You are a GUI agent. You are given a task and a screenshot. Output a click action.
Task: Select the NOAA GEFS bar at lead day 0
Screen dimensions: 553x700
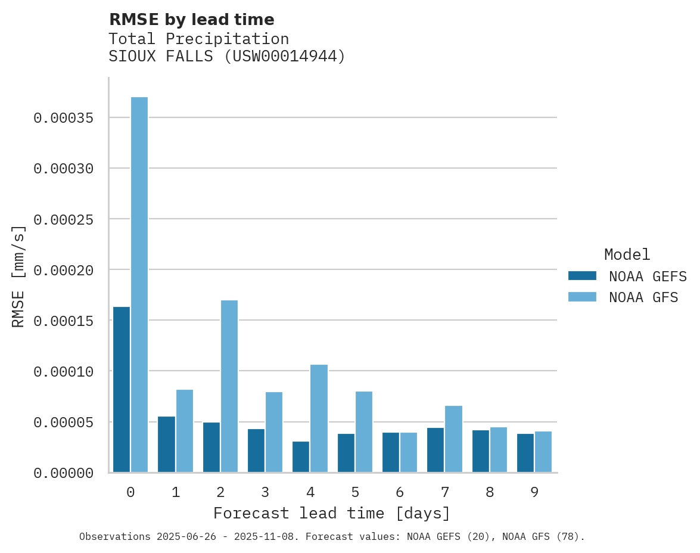point(122,390)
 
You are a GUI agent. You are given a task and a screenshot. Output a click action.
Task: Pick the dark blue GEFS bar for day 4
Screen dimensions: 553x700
point(301,457)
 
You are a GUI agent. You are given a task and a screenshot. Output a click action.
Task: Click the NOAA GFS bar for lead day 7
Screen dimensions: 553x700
point(454,439)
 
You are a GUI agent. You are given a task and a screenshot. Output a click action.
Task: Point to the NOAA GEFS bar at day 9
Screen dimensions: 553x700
point(525,453)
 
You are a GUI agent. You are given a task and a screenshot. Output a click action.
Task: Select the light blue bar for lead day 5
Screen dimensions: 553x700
point(364,432)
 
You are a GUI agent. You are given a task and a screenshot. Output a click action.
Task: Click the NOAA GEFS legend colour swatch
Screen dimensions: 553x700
point(582,276)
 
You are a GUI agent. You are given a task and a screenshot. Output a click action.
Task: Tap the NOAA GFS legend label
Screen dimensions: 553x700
point(643,297)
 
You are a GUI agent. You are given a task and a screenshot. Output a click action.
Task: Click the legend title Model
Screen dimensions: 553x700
point(627,254)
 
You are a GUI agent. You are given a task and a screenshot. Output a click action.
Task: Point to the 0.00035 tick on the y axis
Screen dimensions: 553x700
point(63,118)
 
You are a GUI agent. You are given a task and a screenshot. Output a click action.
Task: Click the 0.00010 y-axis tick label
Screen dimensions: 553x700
point(63,371)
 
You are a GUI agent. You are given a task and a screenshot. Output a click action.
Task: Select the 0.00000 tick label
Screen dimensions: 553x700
point(63,473)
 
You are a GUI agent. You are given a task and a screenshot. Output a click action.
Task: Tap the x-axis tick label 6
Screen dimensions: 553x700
point(400,492)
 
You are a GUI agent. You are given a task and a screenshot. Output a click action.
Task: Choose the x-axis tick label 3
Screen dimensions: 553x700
point(265,492)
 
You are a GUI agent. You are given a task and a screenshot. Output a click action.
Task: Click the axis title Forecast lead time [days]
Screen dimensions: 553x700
point(332,513)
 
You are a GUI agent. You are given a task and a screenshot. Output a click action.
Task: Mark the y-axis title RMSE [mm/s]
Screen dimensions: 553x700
point(18,276)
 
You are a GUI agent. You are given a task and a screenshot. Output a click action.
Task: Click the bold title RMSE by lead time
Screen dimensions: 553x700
point(191,20)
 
